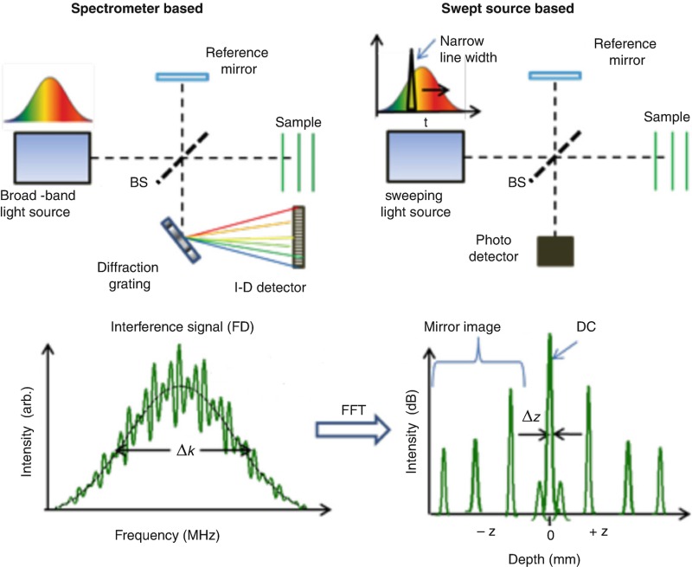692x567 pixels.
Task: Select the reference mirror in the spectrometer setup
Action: pos(183,77)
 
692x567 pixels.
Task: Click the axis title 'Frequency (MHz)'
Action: pos(171,535)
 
